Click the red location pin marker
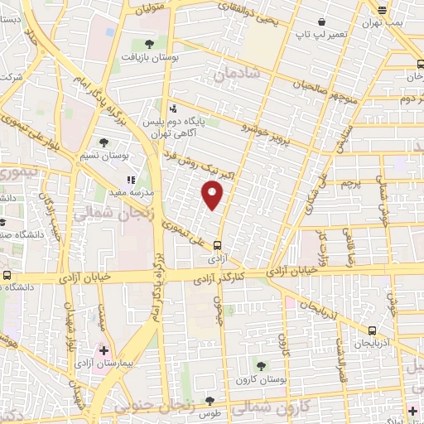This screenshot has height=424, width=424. (213, 195)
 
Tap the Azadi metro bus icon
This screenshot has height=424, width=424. (217, 244)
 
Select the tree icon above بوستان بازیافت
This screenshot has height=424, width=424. (149, 43)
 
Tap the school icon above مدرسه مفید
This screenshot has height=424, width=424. (130, 179)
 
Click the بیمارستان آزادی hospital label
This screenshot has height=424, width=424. (104, 364)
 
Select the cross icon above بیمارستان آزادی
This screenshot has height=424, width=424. (104, 350)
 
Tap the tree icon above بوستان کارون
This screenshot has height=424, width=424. (262, 364)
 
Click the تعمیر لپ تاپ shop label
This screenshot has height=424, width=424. (320, 36)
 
